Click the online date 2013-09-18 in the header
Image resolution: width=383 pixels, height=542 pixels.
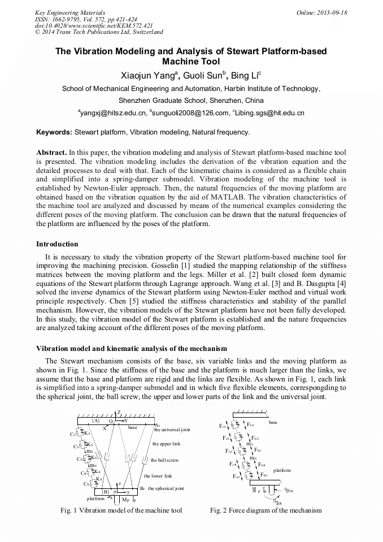coord(331,12)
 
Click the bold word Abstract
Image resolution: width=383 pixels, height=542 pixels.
coord(51,153)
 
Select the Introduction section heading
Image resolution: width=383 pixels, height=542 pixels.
coord(57,244)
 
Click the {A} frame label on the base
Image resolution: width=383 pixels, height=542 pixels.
coord(96,421)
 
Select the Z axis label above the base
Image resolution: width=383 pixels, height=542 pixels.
coord(119,412)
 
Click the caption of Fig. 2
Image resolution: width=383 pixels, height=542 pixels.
coord(266,510)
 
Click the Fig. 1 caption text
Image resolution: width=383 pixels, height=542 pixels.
coord(121,510)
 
